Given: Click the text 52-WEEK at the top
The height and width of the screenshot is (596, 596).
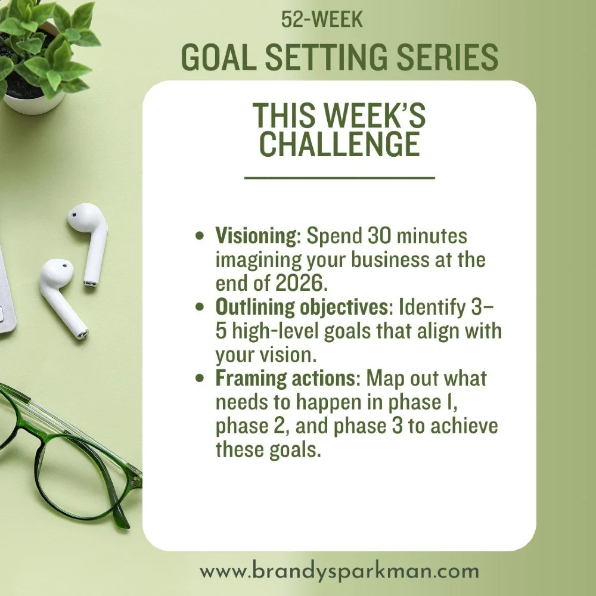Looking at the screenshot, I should point(322,20).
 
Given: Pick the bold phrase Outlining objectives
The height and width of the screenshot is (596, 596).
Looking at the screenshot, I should point(298,308).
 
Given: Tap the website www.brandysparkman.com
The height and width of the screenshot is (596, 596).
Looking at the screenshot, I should point(339,572).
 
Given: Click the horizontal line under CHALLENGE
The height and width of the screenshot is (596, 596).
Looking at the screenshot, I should point(340,178).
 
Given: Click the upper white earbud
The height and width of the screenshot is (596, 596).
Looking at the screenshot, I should point(89,238).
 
